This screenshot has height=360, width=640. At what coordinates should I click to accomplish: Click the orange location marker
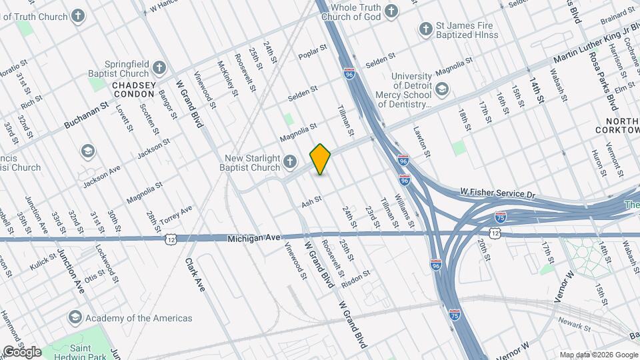click(x=321, y=159)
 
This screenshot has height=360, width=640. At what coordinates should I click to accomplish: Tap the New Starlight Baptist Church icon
click(x=290, y=161)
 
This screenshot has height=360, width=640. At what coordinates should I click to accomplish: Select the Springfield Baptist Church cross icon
click(x=159, y=67)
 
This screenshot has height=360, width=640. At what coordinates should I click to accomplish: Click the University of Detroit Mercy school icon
click(x=442, y=89)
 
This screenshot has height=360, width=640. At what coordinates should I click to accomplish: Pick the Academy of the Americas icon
click(x=75, y=318)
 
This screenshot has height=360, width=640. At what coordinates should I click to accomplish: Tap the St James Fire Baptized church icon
click(x=425, y=29)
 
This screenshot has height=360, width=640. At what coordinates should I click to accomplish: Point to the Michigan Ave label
click(x=252, y=238)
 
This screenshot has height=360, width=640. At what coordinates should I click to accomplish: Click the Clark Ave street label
click(x=195, y=275)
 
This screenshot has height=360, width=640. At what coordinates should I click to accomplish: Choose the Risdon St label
click(x=356, y=279)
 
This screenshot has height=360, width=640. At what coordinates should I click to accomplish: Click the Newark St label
click(x=576, y=327)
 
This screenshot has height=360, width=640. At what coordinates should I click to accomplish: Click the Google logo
click(x=22, y=351)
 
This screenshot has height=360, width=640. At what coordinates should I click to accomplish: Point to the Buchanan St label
click(x=86, y=116)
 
